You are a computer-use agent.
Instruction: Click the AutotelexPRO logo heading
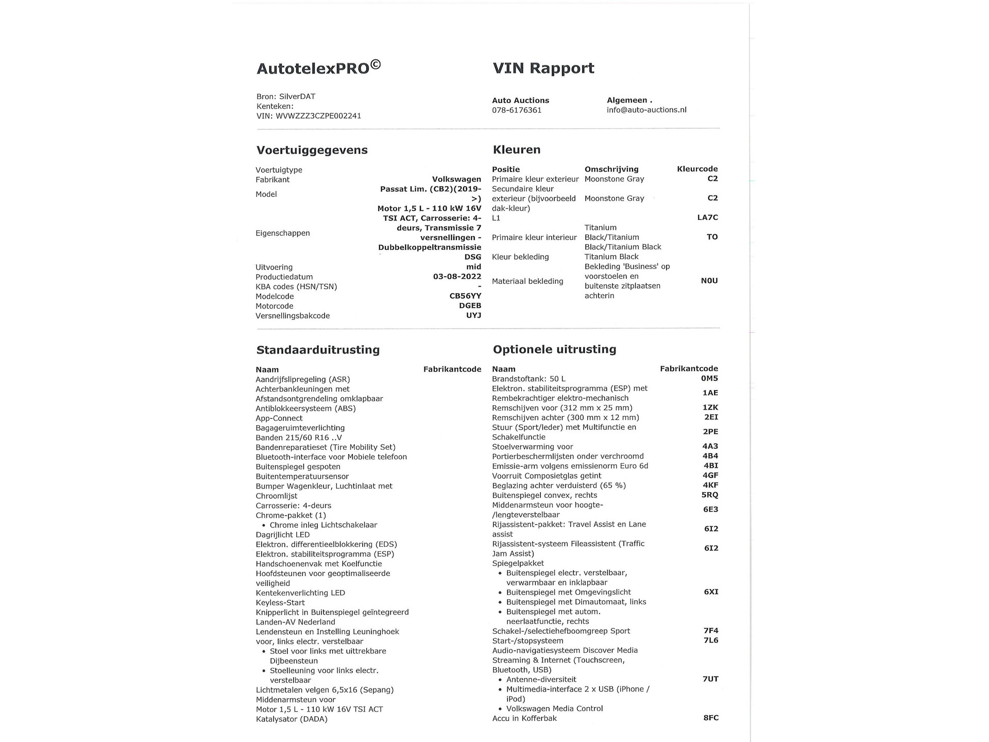(x=318, y=68)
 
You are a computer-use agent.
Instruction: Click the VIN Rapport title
(x=543, y=68)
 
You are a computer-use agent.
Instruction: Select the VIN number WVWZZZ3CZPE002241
(x=318, y=116)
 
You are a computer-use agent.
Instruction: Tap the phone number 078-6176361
(x=517, y=110)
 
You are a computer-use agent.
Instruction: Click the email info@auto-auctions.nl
(x=646, y=110)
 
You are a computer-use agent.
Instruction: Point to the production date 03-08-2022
(x=457, y=277)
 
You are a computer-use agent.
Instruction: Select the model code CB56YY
(x=465, y=296)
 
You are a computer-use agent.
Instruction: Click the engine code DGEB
(x=470, y=306)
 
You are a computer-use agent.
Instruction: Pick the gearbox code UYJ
(x=473, y=315)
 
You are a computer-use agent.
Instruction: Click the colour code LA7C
(x=707, y=217)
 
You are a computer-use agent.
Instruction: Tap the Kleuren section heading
(x=517, y=150)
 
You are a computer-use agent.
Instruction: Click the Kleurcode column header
(x=697, y=169)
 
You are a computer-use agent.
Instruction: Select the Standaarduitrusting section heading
(x=318, y=350)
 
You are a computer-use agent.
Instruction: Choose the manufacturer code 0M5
(x=709, y=379)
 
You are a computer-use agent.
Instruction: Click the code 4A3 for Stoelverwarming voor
(x=710, y=446)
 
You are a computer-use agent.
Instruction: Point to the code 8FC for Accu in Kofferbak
(x=710, y=718)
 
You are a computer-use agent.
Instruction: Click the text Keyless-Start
(x=280, y=603)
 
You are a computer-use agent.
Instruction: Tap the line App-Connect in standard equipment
(x=279, y=418)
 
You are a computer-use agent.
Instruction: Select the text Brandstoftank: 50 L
(x=528, y=379)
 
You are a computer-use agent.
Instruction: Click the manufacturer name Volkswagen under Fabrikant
(x=456, y=179)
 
